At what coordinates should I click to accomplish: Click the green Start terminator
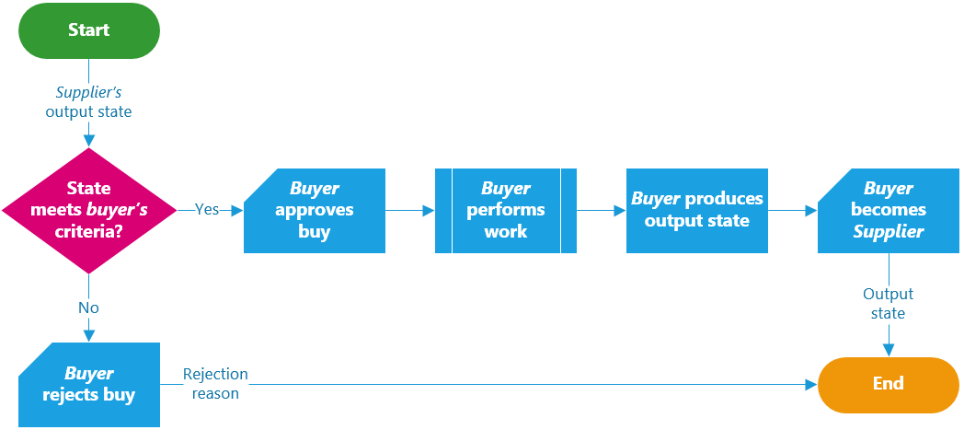(89, 30)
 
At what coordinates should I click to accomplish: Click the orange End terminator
(888, 384)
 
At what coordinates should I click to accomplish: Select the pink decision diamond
(89, 210)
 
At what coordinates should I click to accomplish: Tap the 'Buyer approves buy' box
(315, 210)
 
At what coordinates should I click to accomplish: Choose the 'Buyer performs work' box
(505, 210)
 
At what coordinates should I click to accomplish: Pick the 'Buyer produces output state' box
(696, 210)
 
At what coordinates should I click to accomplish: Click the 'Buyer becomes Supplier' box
(888, 210)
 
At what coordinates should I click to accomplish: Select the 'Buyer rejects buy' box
(89, 384)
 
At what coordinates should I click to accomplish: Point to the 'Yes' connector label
(207, 209)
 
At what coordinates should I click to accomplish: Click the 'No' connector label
(89, 308)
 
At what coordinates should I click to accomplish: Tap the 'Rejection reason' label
(215, 384)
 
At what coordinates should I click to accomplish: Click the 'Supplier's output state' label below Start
(89, 102)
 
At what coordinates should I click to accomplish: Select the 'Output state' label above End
(888, 304)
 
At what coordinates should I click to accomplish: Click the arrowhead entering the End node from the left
(811, 384)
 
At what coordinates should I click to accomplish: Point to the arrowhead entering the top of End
(888, 351)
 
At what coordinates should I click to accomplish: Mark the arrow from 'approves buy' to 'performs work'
(409, 210)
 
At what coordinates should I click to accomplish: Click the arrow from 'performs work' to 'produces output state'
(601, 210)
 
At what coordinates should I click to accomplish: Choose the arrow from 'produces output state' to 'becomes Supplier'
(792, 210)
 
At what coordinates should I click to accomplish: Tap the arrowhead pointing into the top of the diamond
(89, 141)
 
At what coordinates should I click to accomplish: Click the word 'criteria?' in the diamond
(89, 231)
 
